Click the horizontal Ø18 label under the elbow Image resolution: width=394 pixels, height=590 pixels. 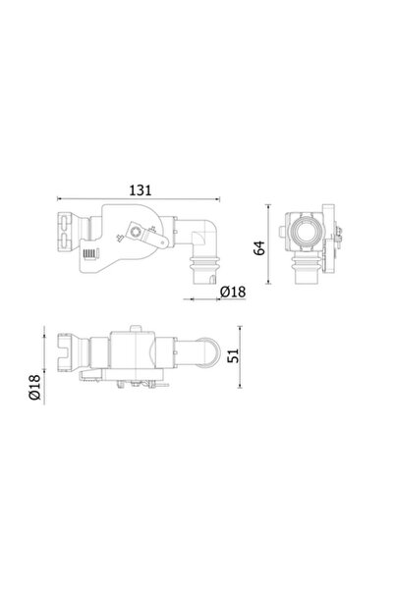click(x=232, y=292)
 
